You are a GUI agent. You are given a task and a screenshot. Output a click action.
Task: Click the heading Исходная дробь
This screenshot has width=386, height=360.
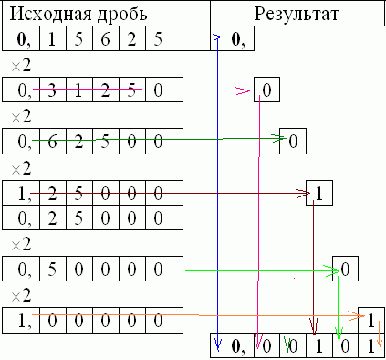(78, 14)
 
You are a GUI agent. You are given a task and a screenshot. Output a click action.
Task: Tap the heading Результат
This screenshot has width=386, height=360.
(297, 14)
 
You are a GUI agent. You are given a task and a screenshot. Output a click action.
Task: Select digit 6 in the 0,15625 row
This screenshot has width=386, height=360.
(105, 39)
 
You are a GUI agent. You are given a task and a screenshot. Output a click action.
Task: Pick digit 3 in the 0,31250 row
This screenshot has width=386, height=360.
(52, 90)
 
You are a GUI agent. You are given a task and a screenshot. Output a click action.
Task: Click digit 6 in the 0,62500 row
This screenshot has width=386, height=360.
(52, 142)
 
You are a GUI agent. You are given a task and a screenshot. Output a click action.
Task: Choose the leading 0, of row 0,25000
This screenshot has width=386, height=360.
(25, 218)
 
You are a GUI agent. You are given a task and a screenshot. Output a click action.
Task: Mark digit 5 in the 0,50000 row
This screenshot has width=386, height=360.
(52, 270)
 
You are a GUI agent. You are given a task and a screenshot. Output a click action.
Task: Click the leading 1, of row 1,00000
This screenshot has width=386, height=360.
(25, 321)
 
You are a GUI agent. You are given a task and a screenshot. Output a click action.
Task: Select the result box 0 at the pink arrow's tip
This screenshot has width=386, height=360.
(266, 90)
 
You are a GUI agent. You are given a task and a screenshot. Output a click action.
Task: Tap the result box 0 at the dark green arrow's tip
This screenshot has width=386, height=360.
(293, 141)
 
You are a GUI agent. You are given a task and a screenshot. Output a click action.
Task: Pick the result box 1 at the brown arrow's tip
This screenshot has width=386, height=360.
(319, 194)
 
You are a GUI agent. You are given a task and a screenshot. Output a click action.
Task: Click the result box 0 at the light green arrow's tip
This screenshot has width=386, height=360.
(345, 269)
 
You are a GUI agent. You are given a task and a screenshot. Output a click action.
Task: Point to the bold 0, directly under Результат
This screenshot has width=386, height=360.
(238, 39)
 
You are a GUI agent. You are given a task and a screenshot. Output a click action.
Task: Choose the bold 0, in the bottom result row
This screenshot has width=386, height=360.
(238, 346)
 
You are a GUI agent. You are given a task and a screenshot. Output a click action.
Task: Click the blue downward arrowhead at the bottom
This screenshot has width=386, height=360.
(217, 344)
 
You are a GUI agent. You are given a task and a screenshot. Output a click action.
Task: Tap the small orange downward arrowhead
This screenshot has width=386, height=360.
(380, 343)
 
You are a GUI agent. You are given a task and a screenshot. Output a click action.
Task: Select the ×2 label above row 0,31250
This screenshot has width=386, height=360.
(21, 65)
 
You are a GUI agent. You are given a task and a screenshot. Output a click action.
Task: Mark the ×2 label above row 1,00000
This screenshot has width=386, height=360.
(21, 295)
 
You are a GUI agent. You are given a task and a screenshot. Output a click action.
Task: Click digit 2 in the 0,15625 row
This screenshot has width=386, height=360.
(131, 39)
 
